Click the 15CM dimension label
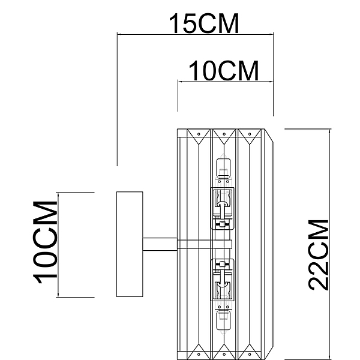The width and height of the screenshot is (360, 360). (x=204, y=23)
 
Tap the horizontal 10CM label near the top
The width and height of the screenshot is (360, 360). (x=224, y=71)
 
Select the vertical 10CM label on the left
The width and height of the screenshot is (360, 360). (x=45, y=242)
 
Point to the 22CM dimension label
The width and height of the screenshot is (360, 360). (x=318, y=255)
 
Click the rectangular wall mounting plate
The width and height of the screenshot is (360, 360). (x=130, y=244)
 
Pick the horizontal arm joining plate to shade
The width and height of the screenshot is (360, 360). (x=160, y=244)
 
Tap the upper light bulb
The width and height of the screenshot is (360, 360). (x=224, y=168)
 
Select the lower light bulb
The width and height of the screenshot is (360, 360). (x=224, y=321)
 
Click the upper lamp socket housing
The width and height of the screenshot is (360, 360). (x=223, y=208)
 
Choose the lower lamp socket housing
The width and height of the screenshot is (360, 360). (x=223, y=280)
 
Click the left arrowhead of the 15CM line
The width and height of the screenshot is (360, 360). (x=119, y=34)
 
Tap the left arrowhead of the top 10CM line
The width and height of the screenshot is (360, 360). (x=180, y=81)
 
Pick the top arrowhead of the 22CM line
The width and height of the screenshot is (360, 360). (x=329, y=131)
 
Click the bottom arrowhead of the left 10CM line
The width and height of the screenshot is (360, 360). (x=58, y=295)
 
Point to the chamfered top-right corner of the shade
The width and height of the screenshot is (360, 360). (x=269, y=136)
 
